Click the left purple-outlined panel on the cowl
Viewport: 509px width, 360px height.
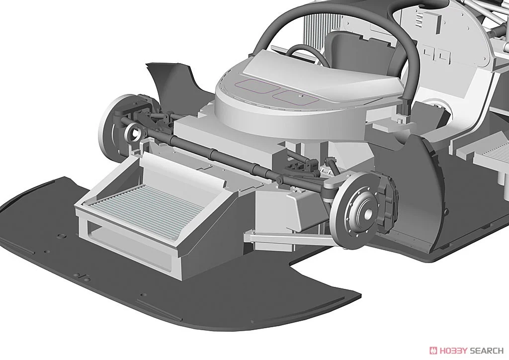pos(257,86)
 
